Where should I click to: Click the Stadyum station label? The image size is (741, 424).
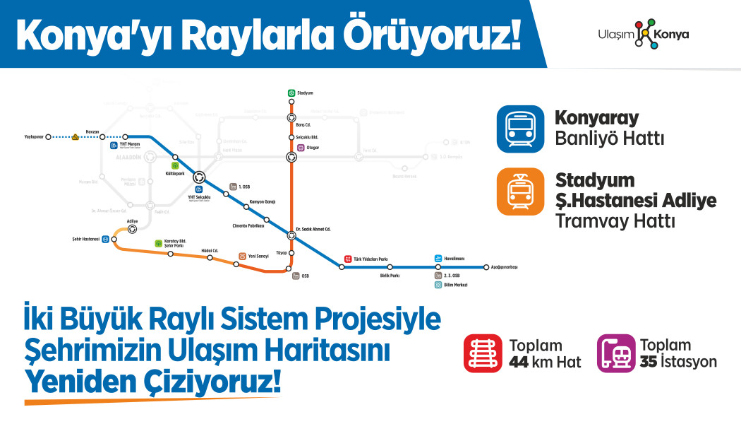coord(306,93)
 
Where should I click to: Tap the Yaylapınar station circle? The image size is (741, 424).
coord(48,137)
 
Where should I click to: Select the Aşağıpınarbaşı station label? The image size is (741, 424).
coord(505,267)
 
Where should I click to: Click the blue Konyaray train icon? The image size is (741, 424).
coord(520,129)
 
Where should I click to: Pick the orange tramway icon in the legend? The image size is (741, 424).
coord(520,192)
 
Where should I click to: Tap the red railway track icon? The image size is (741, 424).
coord(483,353)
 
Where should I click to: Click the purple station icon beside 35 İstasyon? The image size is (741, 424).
coord(616,353)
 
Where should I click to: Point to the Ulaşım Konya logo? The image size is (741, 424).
coord(642,34)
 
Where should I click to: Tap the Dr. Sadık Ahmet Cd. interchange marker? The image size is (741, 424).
coord(291,235)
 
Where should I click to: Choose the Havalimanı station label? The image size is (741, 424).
coord(449,259)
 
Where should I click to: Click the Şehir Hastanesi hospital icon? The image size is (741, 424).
coord(105,239)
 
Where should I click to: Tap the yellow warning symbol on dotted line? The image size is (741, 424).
coord(75,137)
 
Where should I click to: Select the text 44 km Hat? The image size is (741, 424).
coord(545,362)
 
